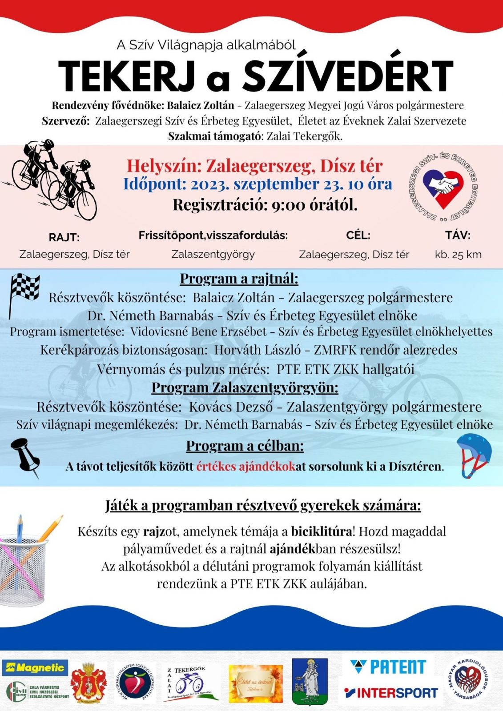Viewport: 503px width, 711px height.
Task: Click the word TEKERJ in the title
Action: pyautogui.click(x=127, y=76)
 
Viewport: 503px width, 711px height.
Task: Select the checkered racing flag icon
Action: pyautogui.click(x=24, y=291)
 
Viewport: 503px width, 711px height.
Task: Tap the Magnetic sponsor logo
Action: pyautogui.click(x=35, y=667)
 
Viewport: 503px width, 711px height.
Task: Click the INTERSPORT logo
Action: pyautogui.click(x=391, y=692)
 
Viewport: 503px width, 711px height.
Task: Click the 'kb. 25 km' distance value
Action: pyautogui.click(x=458, y=255)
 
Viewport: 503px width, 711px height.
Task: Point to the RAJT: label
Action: pyautogui.click(x=64, y=237)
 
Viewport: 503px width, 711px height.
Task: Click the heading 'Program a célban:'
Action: pyautogui.click(x=245, y=445)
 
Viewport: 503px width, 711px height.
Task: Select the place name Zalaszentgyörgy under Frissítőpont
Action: pyautogui.click(x=213, y=254)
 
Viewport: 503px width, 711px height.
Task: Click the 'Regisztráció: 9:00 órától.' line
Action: pyautogui.click(x=265, y=204)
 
